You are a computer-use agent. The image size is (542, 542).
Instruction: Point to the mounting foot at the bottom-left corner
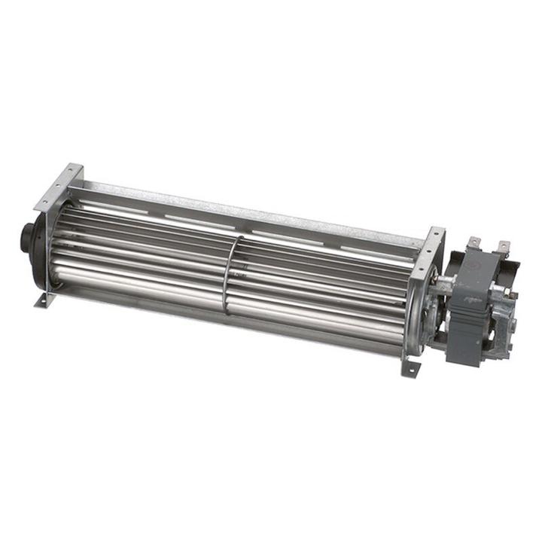point(44,300)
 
